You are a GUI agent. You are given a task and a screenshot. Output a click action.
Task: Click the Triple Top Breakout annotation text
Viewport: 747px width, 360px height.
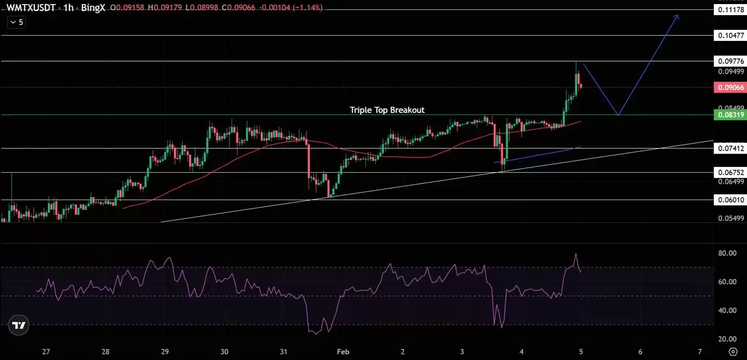[x=387, y=110]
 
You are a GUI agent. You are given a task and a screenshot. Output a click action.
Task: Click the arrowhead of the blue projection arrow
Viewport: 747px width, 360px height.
[x=677, y=16]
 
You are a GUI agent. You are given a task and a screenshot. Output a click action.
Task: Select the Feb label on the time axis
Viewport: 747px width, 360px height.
[x=343, y=352]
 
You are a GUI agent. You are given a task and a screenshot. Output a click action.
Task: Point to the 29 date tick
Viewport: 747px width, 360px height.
[x=165, y=352]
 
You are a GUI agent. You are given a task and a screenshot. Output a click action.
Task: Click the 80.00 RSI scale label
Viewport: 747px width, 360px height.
[x=728, y=253]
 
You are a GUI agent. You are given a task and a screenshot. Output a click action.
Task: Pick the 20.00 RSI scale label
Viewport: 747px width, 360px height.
[x=728, y=339]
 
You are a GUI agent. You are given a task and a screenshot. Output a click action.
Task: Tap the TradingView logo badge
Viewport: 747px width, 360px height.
[x=19, y=326]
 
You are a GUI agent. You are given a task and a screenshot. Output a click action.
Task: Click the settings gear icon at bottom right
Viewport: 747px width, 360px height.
[x=734, y=352]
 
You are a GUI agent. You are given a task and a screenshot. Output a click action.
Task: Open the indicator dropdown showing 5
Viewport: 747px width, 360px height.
[x=17, y=22]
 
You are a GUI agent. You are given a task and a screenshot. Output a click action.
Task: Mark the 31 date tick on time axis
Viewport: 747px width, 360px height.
[x=284, y=352]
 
